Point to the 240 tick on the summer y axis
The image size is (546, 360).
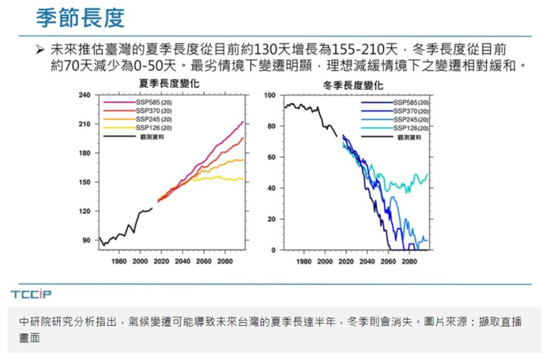[x=85, y=95]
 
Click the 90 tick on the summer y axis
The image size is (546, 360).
[x=87, y=239]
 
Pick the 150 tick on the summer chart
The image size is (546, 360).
[x=85, y=182]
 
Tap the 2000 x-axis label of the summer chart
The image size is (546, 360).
[x=140, y=261]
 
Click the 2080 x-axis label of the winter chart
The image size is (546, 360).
[x=409, y=261]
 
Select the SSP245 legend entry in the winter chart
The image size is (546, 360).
[x=412, y=120]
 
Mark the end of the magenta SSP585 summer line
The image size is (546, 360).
[x=243, y=121]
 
